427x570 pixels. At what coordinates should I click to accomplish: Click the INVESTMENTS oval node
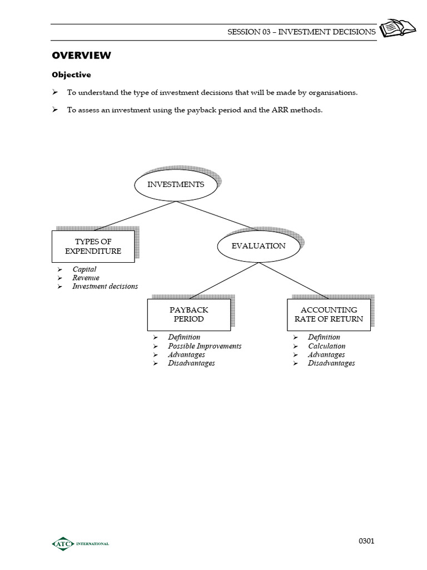click(175, 185)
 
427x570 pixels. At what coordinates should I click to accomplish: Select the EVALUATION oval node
click(258, 246)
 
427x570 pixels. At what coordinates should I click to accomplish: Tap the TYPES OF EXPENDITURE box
click(93, 246)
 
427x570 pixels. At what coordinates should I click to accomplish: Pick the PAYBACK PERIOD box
click(189, 315)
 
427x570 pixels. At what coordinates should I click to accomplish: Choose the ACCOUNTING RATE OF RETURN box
click(329, 315)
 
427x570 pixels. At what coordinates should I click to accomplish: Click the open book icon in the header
click(393, 28)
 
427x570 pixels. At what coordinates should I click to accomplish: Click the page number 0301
click(366, 541)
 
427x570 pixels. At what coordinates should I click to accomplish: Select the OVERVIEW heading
click(81, 55)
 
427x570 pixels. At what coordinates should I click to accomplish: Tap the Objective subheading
click(71, 75)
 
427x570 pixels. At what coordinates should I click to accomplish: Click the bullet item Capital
click(84, 269)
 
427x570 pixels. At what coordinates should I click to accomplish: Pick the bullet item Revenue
click(86, 278)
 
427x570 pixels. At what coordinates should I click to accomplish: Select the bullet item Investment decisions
click(105, 286)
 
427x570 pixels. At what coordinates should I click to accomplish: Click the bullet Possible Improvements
click(205, 346)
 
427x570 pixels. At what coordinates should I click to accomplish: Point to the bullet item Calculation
click(326, 346)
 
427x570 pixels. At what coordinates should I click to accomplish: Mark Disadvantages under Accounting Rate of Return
click(331, 363)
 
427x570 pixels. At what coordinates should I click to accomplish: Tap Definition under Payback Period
click(184, 337)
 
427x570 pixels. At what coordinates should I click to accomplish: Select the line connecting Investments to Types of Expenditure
click(135, 215)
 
